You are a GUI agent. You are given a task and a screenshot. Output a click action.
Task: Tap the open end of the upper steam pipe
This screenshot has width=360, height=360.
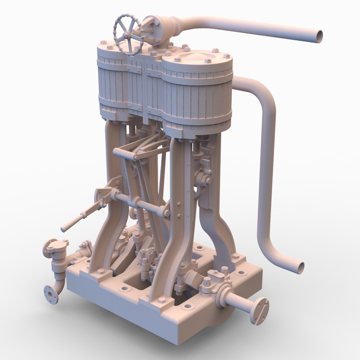[x=319, y=36]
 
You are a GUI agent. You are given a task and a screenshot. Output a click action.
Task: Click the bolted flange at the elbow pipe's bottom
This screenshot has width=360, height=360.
[x=51, y=295]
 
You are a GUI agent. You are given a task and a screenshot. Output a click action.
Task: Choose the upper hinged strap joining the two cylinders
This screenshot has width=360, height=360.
[x=134, y=69]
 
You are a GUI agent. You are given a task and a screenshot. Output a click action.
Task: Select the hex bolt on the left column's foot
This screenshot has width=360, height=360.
[x=99, y=271]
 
